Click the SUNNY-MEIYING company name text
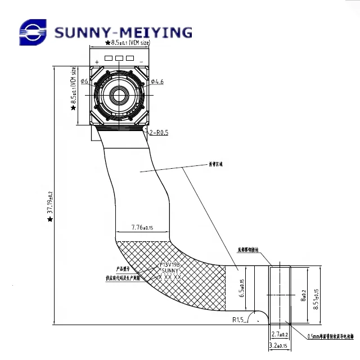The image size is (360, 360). [x=123, y=32]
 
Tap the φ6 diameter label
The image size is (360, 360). [x=84, y=82]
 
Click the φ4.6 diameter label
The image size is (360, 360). [x=157, y=82]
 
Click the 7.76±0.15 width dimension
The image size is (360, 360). [x=142, y=228]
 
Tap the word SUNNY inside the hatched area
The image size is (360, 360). [x=169, y=271]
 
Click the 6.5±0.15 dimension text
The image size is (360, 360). [x=242, y=288]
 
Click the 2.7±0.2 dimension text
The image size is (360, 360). [x=280, y=334]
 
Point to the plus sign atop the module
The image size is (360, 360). [x=97, y=61]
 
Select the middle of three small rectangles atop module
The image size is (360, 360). [x=119, y=58]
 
